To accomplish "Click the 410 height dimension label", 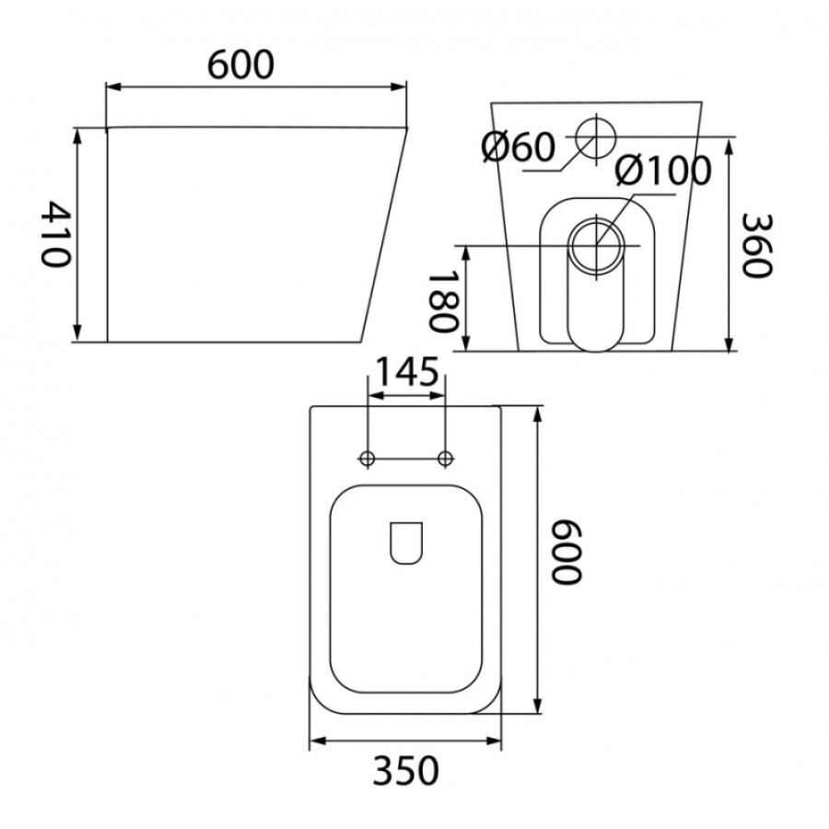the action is point(55,234).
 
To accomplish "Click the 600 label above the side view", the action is point(240,65).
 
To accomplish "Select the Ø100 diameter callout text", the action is point(663,170).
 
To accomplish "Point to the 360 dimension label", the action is point(756,245).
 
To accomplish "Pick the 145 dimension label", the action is point(406,371).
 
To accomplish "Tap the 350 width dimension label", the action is point(405,770).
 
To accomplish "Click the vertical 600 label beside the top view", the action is point(566,552).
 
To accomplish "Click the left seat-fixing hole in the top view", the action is point(367,459).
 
